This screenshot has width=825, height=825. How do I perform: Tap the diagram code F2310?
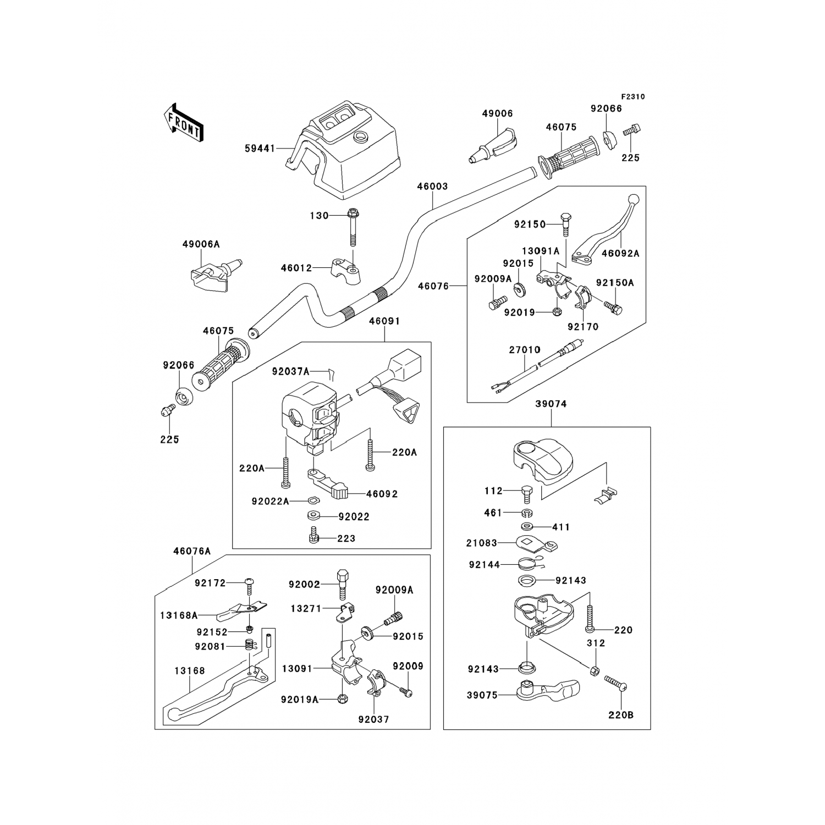[634, 97]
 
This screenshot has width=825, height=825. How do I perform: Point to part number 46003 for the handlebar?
[432, 186]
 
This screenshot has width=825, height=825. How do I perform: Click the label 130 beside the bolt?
[319, 216]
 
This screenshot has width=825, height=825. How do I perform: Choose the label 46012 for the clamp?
[296, 268]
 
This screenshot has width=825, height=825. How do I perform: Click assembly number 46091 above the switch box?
[384, 321]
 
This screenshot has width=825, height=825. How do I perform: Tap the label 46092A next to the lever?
[620, 254]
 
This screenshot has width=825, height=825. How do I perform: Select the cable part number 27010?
[524, 349]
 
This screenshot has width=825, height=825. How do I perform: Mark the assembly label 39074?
[551, 404]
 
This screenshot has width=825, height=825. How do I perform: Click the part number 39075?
[482, 695]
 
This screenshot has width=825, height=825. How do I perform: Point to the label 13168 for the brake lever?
[190, 670]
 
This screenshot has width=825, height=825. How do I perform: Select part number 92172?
[210, 583]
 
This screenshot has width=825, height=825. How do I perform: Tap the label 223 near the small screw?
[346, 538]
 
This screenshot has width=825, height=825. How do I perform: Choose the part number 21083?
[482, 543]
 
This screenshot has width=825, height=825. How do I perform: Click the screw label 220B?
[621, 715]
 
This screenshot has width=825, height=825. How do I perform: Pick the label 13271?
[307, 608]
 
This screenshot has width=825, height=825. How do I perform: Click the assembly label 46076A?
[192, 551]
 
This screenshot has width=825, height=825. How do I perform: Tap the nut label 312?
[596, 643]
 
